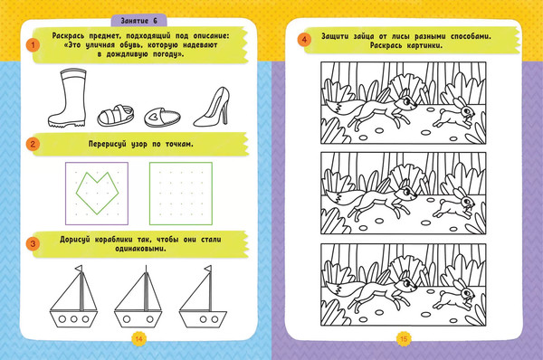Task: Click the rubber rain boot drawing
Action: click(67, 98)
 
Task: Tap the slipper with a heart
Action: click(162, 117)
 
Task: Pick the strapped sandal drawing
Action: click(116, 116)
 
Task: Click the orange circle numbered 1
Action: click(33, 45)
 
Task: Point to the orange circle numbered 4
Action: click(304, 40)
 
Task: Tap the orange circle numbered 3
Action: click(33, 243)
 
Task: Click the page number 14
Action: click(138, 338)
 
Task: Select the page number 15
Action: click(404, 338)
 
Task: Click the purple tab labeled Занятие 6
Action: click(138, 21)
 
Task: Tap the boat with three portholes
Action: click(74, 297)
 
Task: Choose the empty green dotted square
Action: click(181, 194)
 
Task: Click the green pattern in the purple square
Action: click(98, 193)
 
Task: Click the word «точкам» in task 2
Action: click(178, 144)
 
